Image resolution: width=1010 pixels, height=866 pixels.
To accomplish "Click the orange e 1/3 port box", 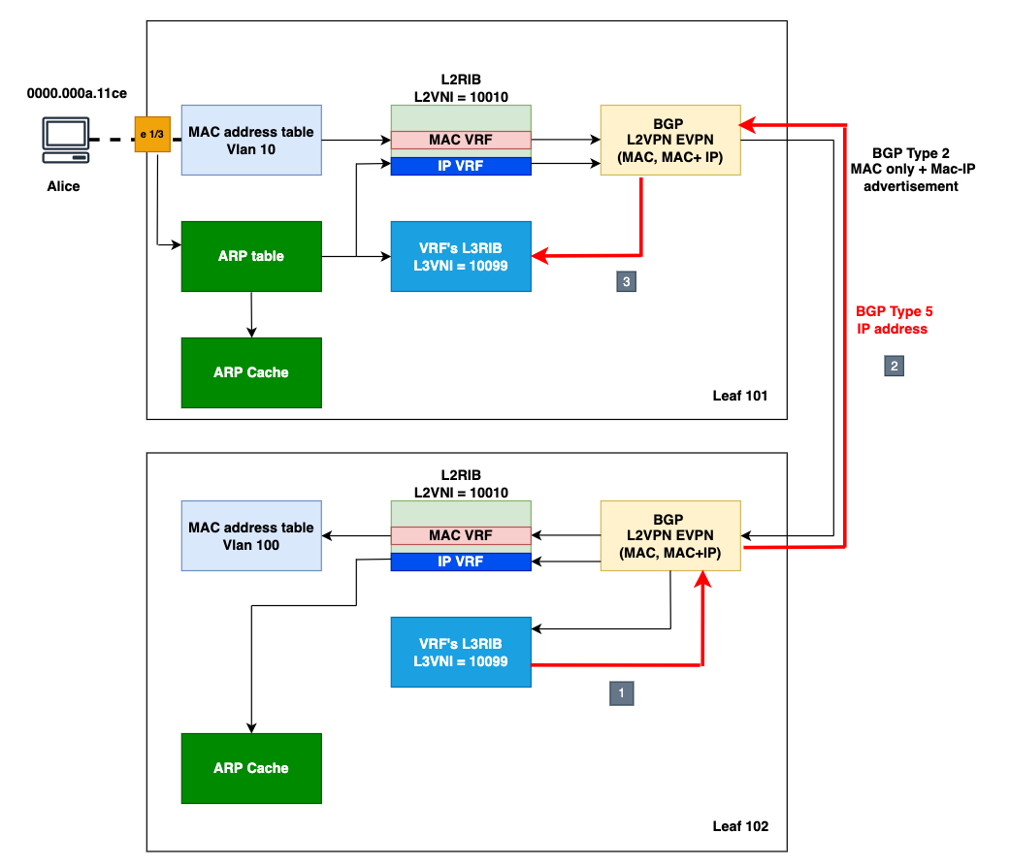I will click(x=152, y=133).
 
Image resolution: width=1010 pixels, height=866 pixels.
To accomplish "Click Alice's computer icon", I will click(x=66, y=140).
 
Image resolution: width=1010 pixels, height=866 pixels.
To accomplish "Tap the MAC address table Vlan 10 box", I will click(x=251, y=140).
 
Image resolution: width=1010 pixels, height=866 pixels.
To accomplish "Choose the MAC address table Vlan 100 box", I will click(x=251, y=535).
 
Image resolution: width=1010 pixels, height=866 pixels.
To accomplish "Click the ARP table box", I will click(x=251, y=256).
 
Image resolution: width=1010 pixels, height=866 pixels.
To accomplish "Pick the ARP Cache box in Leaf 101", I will click(x=251, y=372).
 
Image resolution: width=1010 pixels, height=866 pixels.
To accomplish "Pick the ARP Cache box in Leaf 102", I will click(x=251, y=768).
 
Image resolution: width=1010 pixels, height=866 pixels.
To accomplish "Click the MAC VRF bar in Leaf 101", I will click(x=461, y=140).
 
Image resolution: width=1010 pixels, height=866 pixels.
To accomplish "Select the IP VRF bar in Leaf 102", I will click(x=461, y=561).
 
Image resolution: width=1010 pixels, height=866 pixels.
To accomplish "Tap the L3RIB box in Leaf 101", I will click(x=461, y=256).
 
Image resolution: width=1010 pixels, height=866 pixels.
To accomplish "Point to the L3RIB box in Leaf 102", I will click(x=461, y=652).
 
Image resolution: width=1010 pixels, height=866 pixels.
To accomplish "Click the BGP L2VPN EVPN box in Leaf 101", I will click(x=670, y=140).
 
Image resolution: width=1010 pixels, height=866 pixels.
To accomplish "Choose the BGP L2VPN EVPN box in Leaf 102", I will click(x=670, y=535).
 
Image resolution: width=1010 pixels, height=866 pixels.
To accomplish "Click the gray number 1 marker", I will click(x=621, y=692).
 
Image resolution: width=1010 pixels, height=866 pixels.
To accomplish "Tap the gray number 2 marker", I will click(x=894, y=366).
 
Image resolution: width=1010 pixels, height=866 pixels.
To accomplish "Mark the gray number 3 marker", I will click(x=627, y=281).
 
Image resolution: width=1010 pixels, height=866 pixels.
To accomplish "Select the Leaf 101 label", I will click(x=740, y=397).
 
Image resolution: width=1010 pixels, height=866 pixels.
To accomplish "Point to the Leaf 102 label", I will click(x=740, y=826).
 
